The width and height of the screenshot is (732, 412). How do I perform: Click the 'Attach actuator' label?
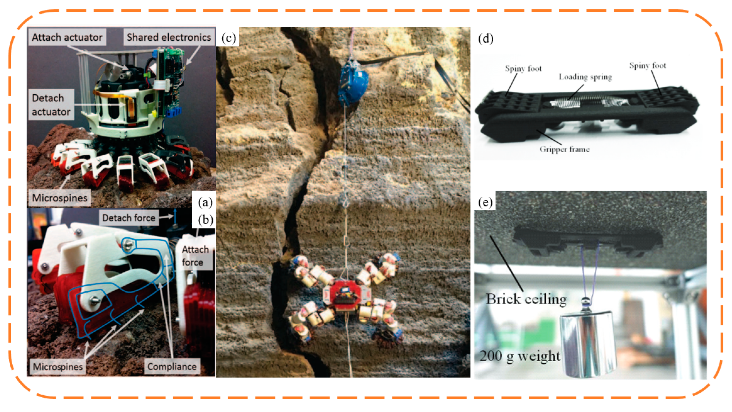[67, 37]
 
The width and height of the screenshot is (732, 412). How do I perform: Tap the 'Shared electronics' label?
[169, 37]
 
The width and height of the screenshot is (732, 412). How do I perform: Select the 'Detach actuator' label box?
[51, 105]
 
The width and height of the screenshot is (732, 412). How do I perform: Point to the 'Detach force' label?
[129, 218]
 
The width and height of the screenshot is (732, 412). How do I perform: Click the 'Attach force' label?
[195, 256]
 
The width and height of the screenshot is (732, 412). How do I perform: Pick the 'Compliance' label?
[172, 366]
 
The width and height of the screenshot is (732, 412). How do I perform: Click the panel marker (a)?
[206, 202]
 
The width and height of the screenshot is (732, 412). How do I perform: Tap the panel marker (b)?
[206, 220]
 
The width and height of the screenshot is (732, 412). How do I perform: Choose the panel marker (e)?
[485, 202]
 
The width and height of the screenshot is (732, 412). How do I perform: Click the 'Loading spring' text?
[585, 77]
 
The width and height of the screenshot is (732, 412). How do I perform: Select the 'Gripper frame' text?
[564, 149]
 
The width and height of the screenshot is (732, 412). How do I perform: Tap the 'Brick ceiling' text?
[526, 299]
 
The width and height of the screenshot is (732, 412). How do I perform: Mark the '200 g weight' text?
[520, 356]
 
